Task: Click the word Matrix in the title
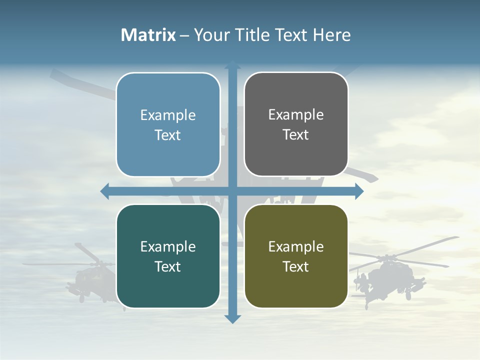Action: [148, 35]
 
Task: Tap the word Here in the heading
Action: [331, 35]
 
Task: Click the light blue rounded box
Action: [168, 124]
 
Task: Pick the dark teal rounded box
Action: [168, 256]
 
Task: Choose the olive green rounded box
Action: [296, 256]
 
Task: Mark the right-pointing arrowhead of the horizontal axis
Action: [358, 191]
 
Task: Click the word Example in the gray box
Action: [296, 115]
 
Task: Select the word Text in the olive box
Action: [296, 266]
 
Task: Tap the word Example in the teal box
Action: [168, 246]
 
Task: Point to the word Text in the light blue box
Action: [168, 135]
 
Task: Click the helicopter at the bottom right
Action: [387, 275]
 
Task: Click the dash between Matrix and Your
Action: [185, 35]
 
